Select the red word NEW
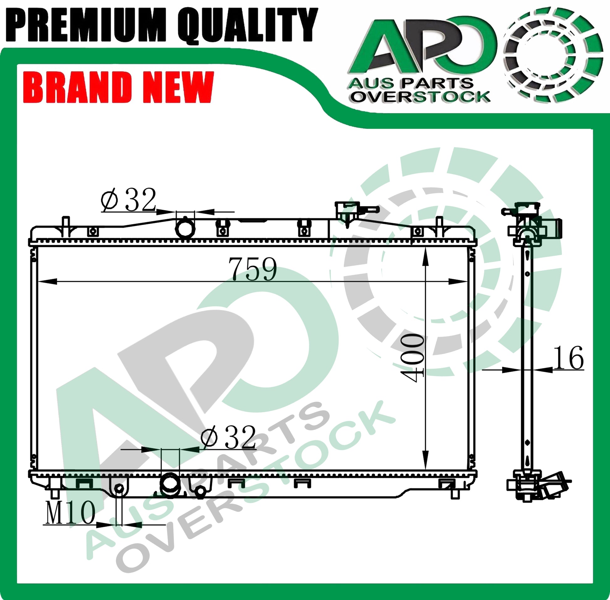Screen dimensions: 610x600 (178, 87)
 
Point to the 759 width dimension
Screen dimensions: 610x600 (253, 269)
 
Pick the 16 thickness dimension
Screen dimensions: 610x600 (568, 358)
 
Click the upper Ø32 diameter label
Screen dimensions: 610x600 (128, 200)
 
